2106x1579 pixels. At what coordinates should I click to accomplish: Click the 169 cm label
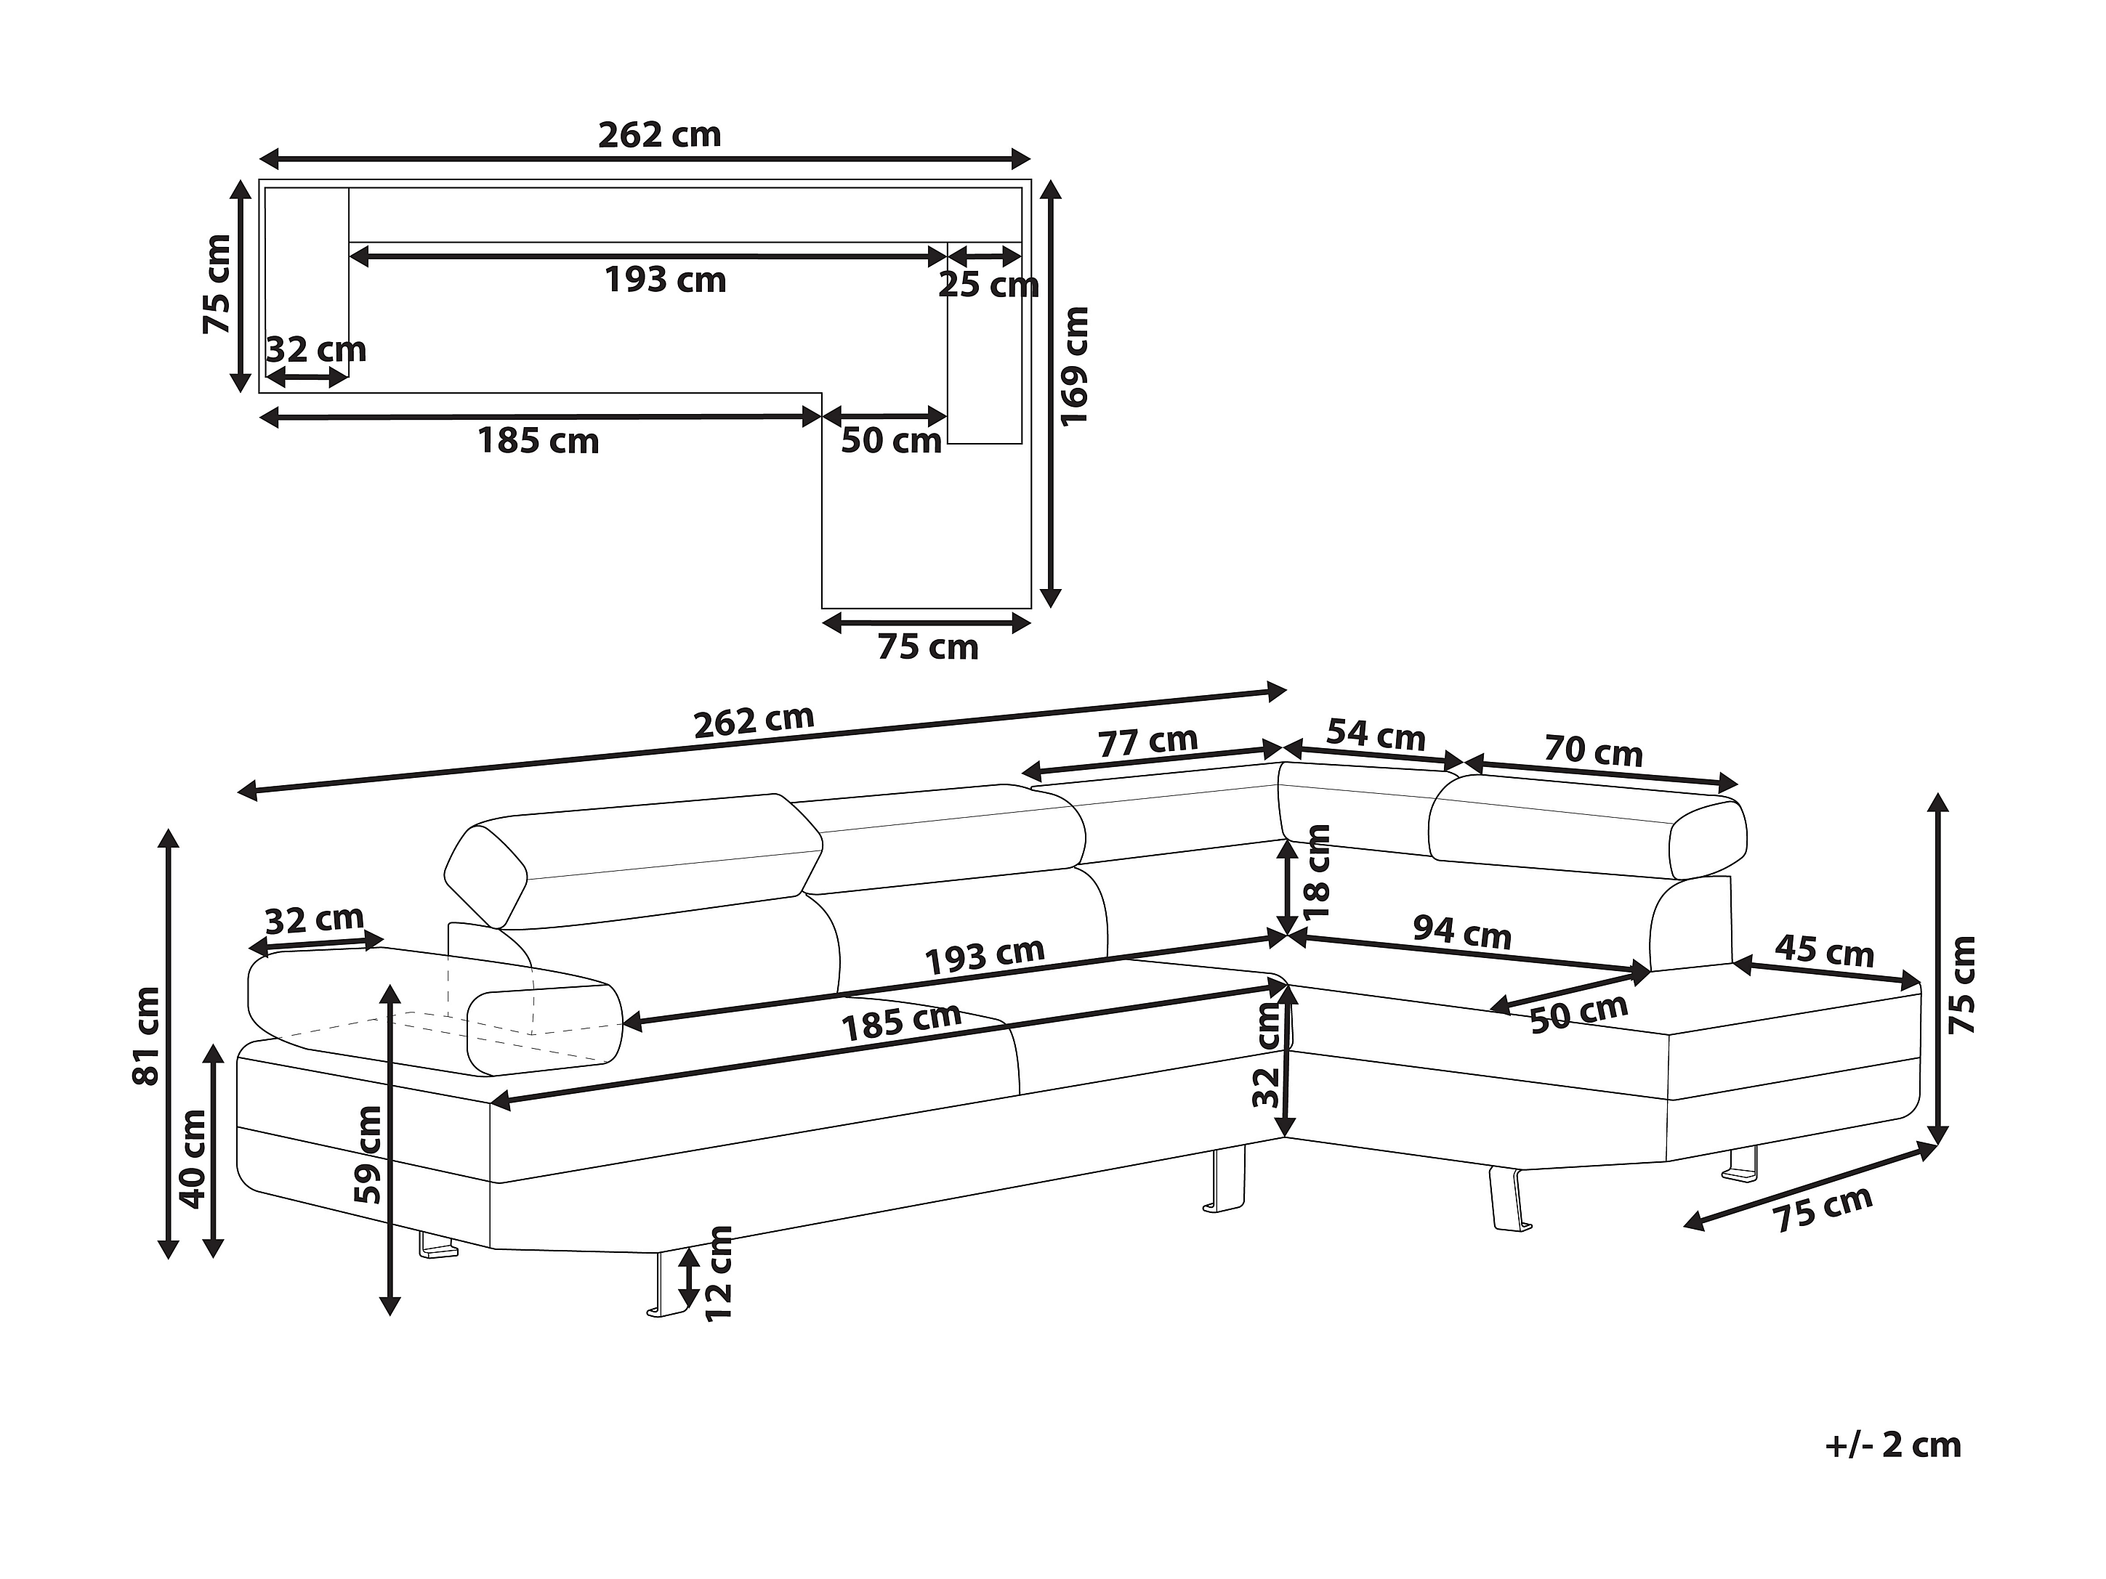[1073, 367]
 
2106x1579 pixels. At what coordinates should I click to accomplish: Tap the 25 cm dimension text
[988, 285]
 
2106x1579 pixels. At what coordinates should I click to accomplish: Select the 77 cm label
[1147, 742]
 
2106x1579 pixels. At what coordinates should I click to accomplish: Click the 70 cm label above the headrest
[1593, 752]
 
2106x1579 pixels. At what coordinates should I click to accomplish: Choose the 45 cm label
[1824, 951]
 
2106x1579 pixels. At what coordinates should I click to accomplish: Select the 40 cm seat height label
[193, 1159]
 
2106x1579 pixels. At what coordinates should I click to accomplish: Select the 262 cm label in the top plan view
[659, 135]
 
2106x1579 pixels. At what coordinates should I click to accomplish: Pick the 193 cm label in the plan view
[666, 280]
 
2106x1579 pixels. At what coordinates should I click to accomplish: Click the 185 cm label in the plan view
[538, 441]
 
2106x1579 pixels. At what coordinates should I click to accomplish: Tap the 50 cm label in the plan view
[890, 441]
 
